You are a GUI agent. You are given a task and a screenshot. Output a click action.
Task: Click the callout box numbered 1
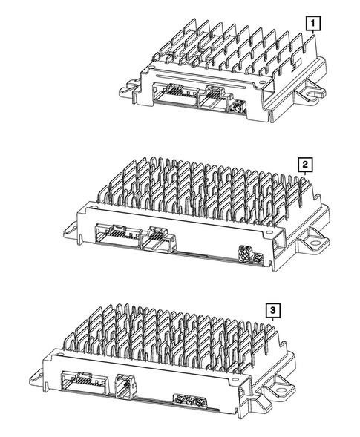[x=315, y=23]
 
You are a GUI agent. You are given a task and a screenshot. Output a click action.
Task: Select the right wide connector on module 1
[x=213, y=96]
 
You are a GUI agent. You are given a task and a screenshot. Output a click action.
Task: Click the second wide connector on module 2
[x=158, y=239]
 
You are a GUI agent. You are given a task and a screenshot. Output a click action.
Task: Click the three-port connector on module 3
[x=189, y=401]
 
